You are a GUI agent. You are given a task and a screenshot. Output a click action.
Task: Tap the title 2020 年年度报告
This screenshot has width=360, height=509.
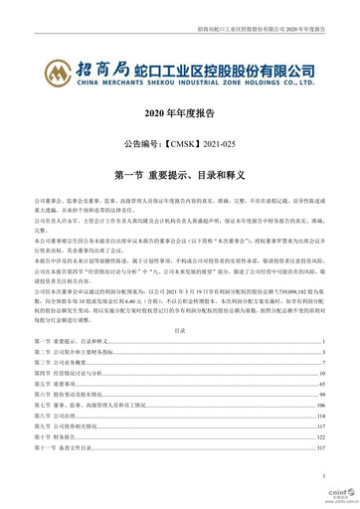tap(180, 116)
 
